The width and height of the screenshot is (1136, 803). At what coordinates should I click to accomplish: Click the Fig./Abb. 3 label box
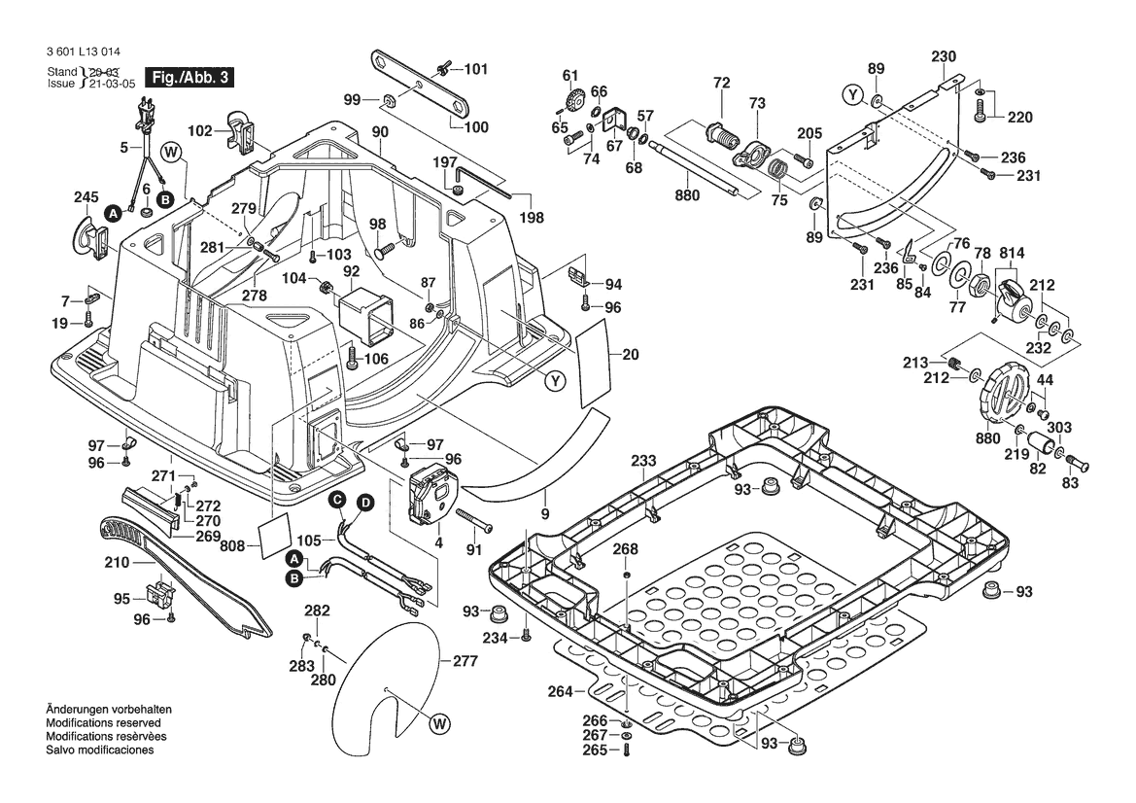tap(188, 77)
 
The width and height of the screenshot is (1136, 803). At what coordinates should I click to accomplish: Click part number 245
tap(86, 198)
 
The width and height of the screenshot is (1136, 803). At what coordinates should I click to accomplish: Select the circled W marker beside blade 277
tap(439, 722)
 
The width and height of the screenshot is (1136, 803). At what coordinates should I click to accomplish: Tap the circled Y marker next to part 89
tap(851, 94)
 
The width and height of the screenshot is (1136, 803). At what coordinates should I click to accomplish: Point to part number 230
tap(944, 55)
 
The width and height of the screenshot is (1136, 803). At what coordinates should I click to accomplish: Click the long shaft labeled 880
tap(698, 166)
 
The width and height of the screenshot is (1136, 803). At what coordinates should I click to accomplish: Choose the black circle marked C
tap(336, 500)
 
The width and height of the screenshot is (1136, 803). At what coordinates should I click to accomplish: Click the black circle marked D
tap(364, 503)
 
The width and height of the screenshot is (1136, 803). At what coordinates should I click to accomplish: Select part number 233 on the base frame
tap(641, 461)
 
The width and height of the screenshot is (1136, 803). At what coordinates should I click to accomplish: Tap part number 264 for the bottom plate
tap(561, 691)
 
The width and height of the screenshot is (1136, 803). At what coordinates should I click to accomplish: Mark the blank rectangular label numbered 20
tap(595, 367)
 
